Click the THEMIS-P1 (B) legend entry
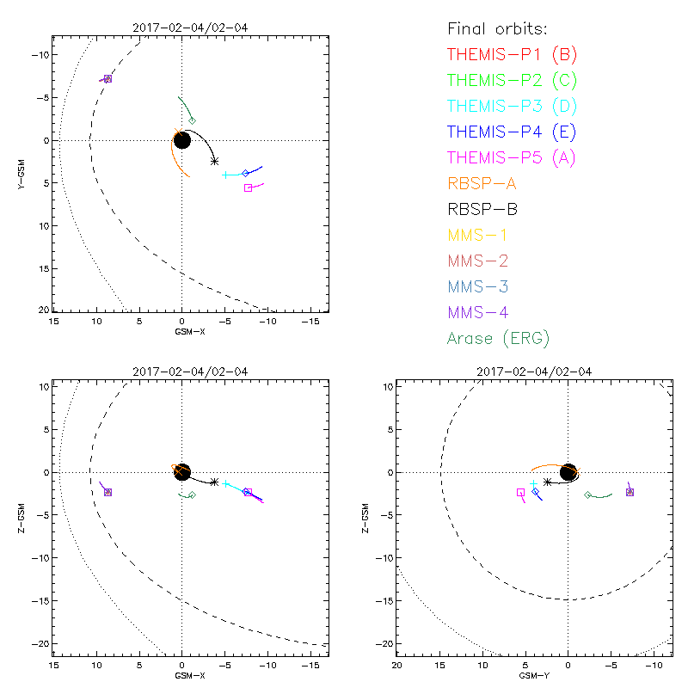point(512,55)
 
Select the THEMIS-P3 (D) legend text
point(512,107)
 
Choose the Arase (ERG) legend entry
point(498,338)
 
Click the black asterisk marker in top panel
point(214,161)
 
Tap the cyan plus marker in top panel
point(225,175)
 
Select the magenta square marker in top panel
point(249,187)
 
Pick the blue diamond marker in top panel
point(245,173)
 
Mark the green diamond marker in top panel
point(192,120)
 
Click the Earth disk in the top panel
point(181,140)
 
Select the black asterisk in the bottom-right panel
point(547,482)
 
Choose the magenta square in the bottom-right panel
point(520,493)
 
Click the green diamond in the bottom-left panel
point(192,494)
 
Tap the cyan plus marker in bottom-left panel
point(225,484)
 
